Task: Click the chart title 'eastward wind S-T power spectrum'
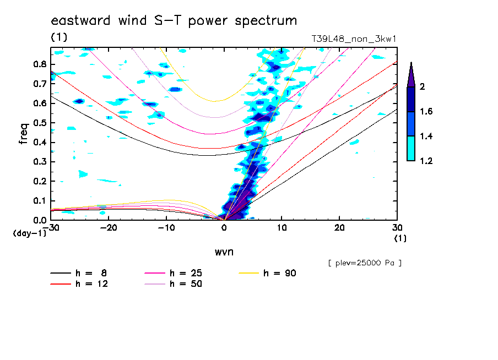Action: pos(174,21)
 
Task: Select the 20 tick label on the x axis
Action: pos(339,227)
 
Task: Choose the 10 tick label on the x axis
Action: pos(281,227)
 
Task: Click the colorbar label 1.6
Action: pos(425,112)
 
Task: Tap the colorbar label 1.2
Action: pos(425,161)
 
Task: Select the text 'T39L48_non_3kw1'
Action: pos(354,39)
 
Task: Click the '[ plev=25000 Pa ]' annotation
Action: pos(364,263)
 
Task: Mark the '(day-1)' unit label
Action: pos(29,234)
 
